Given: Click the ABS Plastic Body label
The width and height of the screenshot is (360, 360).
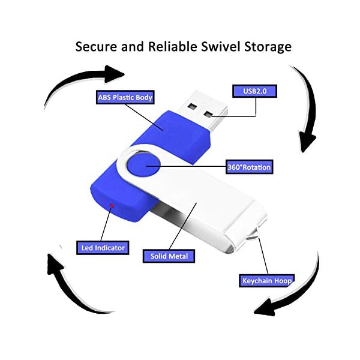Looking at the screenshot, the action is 125,98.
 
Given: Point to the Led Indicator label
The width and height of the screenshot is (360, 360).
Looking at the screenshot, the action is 103,247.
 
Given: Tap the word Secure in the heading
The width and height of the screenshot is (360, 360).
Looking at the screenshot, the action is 95,47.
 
